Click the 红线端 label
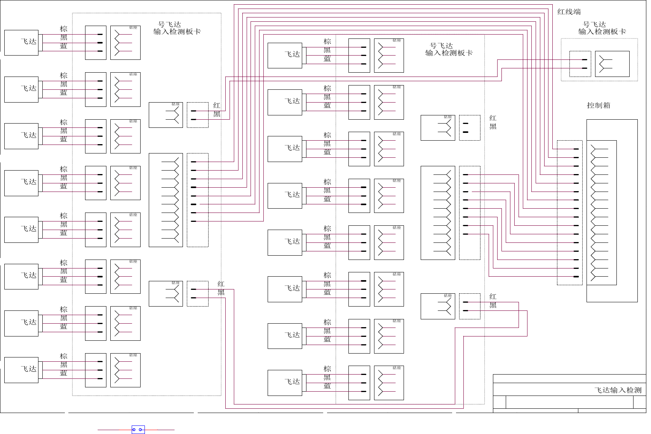click(569, 12)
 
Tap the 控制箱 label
click(599, 105)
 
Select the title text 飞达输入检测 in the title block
click(618, 390)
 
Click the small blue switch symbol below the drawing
click(138, 429)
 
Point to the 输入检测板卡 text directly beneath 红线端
click(602, 32)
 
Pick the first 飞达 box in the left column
click(21, 42)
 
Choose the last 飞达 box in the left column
click(21, 370)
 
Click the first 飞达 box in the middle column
click(285, 56)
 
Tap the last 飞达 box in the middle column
click(285, 383)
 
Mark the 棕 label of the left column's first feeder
click(64, 29)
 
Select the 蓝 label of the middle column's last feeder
click(327, 386)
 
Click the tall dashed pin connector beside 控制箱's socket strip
click(569, 213)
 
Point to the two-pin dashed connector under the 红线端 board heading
click(580, 64)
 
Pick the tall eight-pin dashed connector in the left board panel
click(197, 200)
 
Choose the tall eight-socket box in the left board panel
click(166, 200)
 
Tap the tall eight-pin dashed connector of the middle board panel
click(470, 213)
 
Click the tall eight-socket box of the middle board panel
click(438, 213)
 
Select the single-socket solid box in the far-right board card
click(612, 64)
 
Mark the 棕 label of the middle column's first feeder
click(327, 42)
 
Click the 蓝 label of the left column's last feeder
click(64, 373)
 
